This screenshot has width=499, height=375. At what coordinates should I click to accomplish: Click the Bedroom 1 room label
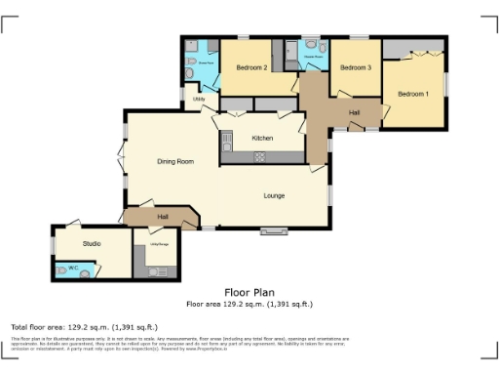411,94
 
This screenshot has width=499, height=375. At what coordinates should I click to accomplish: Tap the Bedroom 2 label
251,67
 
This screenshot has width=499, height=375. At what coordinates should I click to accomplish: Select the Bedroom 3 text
356,67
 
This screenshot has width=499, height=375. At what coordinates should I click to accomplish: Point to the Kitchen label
263,138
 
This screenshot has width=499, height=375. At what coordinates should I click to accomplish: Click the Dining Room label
176,160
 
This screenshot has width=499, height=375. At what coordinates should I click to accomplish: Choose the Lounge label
274,195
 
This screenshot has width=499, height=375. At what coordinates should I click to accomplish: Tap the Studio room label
92,242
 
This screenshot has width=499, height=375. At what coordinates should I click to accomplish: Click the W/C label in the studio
72,267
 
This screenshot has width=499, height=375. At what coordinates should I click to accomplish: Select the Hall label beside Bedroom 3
355,113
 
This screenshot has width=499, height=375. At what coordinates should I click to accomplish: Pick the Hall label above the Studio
163,216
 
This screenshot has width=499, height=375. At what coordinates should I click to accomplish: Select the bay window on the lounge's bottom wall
273,232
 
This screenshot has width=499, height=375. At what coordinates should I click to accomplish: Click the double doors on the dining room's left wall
120,160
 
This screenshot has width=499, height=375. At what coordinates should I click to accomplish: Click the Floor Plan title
249,292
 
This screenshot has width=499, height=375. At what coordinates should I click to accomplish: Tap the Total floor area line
84,326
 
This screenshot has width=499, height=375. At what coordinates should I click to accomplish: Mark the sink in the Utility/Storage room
141,258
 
